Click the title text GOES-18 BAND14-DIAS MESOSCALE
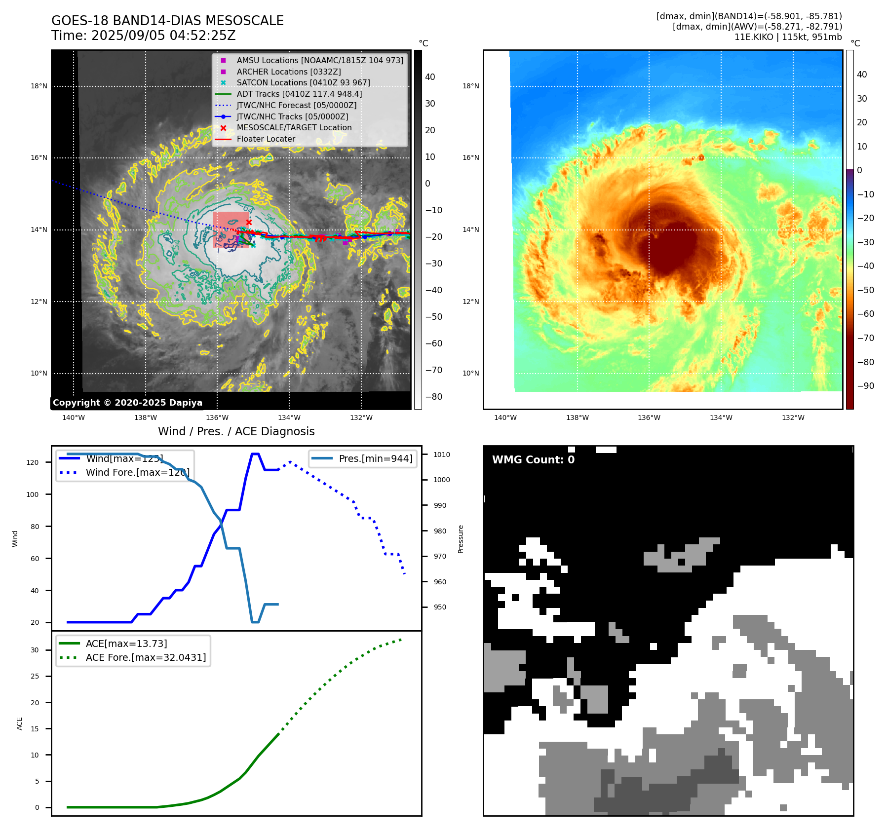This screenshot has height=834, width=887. click(167, 21)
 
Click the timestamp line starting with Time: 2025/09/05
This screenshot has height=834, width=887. click(143, 36)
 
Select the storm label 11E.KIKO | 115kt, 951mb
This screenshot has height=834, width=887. click(788, 37)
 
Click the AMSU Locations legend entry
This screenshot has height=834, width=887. click(319, 60)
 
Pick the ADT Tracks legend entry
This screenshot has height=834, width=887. click(299, 94)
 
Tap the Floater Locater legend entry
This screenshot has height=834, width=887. click(266, 139)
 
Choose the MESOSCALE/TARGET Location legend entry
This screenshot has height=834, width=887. click(294, 127)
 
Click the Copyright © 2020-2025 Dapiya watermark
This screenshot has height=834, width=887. click(127, 403)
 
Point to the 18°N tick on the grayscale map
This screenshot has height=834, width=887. click(39, 86)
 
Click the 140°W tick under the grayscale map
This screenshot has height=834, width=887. click(74, 418)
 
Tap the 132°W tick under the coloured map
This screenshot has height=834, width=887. click(793, 418)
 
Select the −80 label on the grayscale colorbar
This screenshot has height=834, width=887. click(434, 397)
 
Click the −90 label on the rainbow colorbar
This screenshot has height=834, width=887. click(865, 386)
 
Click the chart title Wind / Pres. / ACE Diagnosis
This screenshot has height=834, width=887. click(236, 431)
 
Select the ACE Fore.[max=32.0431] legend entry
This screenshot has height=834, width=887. click(146, 657)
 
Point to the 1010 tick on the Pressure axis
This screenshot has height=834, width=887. click(442, 455)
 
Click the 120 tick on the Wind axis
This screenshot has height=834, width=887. click(33, 462)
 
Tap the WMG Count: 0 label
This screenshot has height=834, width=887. click(533, 460)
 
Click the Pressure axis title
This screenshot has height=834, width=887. click(461, 539)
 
